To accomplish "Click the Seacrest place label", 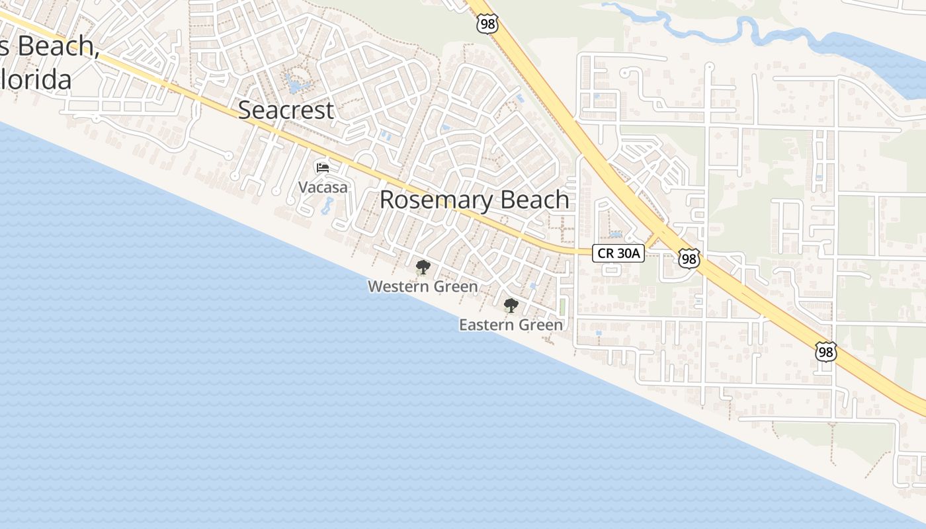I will [286, 110].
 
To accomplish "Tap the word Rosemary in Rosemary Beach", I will [435, 200].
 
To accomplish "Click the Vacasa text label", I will [323, 188].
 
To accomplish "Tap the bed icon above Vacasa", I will [323, 168].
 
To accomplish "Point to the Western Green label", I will [423, 286].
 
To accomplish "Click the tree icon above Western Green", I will [423, 268].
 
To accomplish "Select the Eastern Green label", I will [511, 325].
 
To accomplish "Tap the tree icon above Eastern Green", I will [511, 305].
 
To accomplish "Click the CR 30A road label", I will [618, 253].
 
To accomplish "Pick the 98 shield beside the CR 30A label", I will [689, 259].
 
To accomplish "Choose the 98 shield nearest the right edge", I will [825, 352].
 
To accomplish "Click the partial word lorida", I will [36, 79].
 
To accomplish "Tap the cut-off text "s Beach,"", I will [50, 46].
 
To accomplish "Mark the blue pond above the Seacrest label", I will [296, 84].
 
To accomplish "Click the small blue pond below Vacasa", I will [327, 206].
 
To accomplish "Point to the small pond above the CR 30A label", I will [616, 234].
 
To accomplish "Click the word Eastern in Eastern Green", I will [486, 325].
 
